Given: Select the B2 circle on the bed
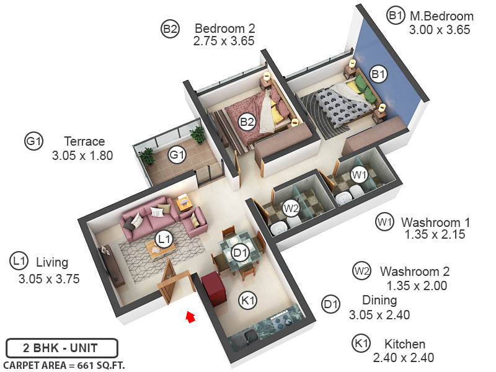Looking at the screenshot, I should [x=247, y=122].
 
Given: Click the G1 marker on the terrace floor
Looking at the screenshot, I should [x=178, y=154].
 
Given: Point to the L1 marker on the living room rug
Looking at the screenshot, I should [x=163, y=238].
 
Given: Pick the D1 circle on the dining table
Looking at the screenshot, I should [x=241, y=252].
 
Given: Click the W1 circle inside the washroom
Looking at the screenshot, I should [x=359, y=175].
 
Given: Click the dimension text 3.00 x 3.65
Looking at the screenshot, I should [x=440, y=29].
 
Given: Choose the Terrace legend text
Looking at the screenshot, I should [x=84, y=141].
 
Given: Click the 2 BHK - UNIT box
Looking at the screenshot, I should [x=61, y=347].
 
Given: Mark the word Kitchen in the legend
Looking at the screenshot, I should [x=405, y=344].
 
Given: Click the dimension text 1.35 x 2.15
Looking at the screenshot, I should [x=435, y=235].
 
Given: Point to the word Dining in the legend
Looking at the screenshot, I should [x=379, y=301].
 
